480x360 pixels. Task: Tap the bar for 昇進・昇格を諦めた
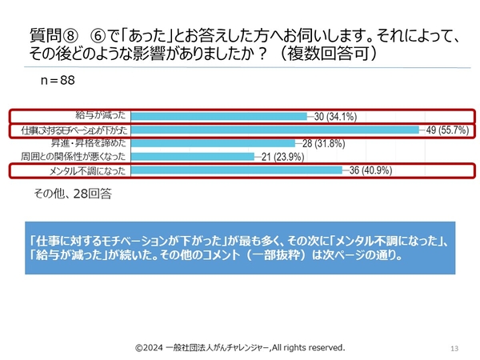pyautogui.click(x=212, y=143)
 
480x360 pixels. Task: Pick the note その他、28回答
pyautogui.click(x=73, y=193)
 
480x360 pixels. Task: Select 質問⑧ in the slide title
pyautogui.click(x=52, y=36)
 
